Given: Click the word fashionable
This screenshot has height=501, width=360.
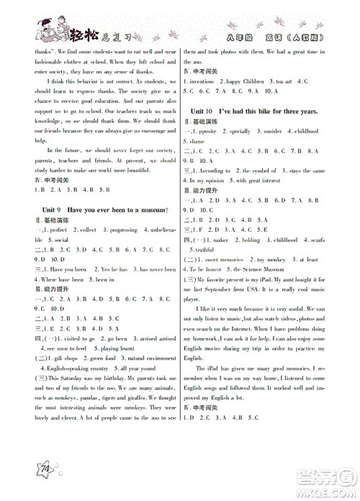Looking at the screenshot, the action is point(47,62).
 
